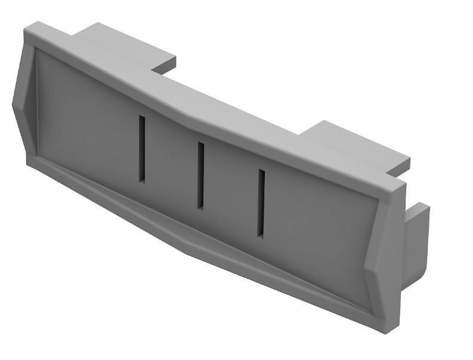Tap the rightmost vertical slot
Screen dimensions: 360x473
click(261, 202)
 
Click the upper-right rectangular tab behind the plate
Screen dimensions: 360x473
click(358, 146)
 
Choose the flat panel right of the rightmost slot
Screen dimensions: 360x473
click(322, 239)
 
